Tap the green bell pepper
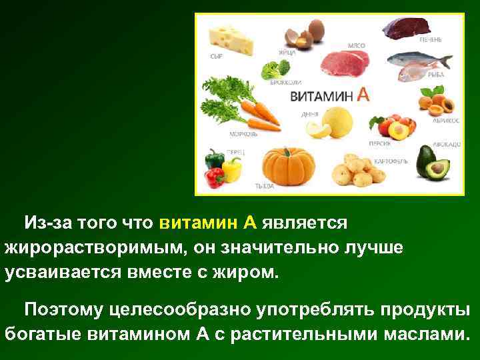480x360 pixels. coord(214,160)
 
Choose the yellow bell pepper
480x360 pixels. coord(232,169)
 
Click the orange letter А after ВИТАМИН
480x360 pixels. coord(363,95)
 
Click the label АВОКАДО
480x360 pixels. coord(445,143)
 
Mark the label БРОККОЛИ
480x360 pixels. coord(285,83)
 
